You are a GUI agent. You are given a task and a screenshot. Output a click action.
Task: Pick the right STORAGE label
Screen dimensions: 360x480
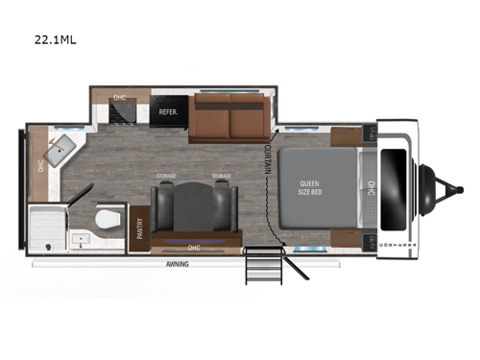[222, 176]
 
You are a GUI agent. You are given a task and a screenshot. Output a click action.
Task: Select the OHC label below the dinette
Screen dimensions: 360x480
[194, 247]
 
